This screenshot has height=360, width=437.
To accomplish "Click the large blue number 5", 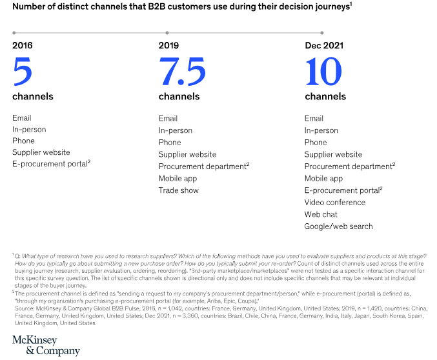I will (22, 72).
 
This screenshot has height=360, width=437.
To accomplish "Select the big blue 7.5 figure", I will (182, 72).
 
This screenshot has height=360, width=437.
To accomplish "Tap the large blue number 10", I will (323, 72).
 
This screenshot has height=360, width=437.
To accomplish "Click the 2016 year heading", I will (22, 45).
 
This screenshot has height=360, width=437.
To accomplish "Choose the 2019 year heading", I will (169, 45).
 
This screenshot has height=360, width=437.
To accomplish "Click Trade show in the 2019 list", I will (179, 190).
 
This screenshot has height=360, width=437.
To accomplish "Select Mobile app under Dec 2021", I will (324, 179).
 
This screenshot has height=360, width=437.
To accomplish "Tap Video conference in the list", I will (335, 203).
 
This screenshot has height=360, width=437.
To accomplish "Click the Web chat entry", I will (321, 214).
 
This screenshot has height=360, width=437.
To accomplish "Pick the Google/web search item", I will (338, 226).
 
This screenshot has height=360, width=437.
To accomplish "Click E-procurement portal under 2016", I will (50, 166).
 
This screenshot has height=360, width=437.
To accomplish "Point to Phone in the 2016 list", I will (23, 143).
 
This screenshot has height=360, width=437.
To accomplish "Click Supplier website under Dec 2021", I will (333, 155).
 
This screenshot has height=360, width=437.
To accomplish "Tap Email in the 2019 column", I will (168, 119).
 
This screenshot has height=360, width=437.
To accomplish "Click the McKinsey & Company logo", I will (45, 346).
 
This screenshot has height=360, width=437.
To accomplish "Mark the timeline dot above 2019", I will (168, 32).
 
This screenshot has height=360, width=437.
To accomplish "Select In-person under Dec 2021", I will (321, 130).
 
